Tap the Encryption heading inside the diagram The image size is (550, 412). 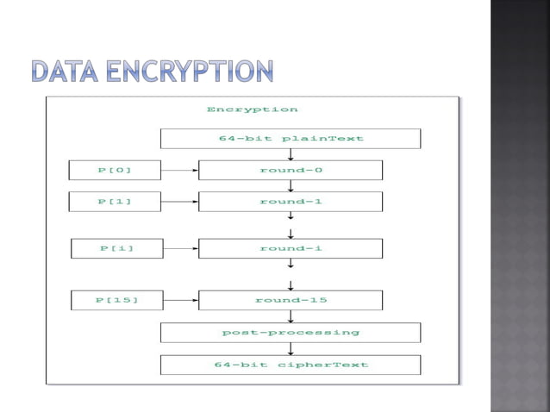tap(252, 109)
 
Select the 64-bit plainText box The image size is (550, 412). tap(291, 139)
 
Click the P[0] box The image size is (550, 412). tap(115, 170)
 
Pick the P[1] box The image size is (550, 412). tap(115, 202)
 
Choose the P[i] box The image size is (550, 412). tap(116, 248)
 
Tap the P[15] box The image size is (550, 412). tap(116, 300)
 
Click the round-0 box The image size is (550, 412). tap(291, 170)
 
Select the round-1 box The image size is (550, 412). tap(291, 202)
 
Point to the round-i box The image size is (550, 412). tap(291, 248)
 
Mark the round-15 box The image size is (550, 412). tap(291, 300)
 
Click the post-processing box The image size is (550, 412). tap(291, 333)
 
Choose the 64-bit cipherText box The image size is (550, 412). tap(291, 365)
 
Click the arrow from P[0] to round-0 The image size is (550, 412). tap(180, 170)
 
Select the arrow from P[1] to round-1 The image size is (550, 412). tap(180, 202)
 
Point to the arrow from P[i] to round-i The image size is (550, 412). tap(181, 248)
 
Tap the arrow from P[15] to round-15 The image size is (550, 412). tap(181, 300)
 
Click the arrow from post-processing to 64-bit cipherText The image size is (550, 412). tap(291, 348)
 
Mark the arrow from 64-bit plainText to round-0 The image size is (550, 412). tap(291, 154)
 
